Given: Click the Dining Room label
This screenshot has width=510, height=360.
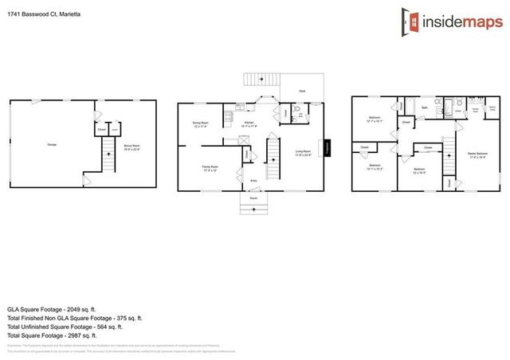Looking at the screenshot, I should coord(201,124).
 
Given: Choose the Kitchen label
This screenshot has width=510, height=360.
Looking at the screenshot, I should coord(249,123).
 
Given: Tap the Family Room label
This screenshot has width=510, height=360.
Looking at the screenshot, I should coord(210,168).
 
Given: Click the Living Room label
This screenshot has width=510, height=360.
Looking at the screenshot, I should coord(303,152).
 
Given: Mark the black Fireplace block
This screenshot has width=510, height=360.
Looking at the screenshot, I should coord(326,149).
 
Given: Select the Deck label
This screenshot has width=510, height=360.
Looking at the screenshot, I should coord(303,91).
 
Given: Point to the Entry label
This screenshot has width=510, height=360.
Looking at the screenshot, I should coord(253,181).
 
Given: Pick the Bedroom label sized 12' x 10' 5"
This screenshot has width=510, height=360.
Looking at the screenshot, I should coord(419,170).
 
